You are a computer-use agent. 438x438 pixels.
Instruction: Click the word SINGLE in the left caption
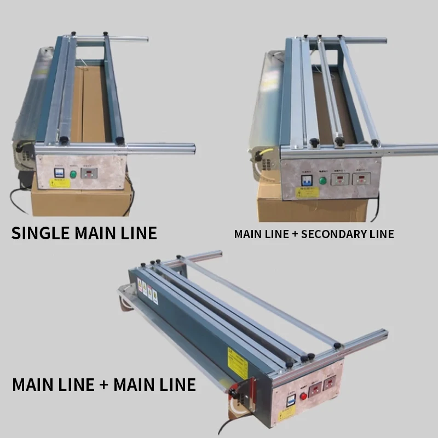tap(40, 232)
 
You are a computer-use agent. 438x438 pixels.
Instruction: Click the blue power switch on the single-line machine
tap(57, 171)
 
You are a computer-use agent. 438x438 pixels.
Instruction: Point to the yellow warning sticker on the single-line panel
tap(60, 183)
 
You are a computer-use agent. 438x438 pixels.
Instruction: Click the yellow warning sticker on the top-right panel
tap(307, 192)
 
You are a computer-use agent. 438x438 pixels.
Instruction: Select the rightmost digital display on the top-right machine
tap(361, 178)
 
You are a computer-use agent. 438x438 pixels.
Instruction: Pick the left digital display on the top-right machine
tap(341, 179)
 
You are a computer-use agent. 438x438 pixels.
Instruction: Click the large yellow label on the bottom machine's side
tap(238, 360)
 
